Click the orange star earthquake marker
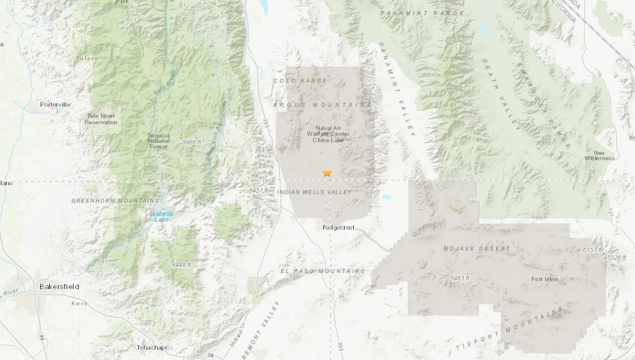(x=327, y=173)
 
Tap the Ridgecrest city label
(x=338, y=228)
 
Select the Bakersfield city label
(x=59, y=286)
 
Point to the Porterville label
(x=55, y=105)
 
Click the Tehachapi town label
(x=152, y=348)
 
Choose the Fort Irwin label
(x=544, y=280)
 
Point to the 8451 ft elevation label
(x=259, y=191)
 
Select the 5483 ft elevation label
(x=460, y=278)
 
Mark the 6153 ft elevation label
(x=592, y=250)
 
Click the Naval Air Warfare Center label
(x=328, y=133)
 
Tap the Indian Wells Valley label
(x=314, y=192)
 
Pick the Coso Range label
(x=300, y=80)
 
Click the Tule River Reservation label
(x=101, y=119)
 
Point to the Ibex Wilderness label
(x=600, y=155)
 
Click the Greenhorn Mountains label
(x=116, y=200)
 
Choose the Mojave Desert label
(x=477, y=249)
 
